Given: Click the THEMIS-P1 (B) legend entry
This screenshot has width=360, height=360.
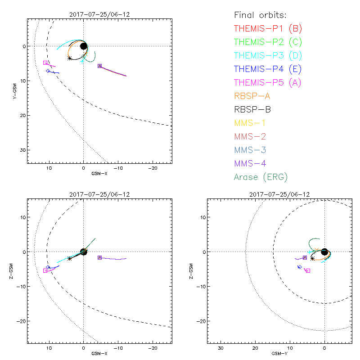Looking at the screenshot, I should pos(268,29).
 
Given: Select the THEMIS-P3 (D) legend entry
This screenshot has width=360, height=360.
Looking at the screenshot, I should pos(268,56).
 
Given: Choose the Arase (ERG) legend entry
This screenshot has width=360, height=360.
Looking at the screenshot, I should pos(261,177).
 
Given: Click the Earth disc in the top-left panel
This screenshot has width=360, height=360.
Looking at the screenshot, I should pos(83,46).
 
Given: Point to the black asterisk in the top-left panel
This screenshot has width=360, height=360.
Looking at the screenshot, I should pos(69,58).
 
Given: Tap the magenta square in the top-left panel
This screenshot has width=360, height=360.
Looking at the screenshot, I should pos(45,63).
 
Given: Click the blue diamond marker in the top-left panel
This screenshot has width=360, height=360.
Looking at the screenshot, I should pos(48,71).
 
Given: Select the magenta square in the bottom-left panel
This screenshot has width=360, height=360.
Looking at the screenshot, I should pos(45,270).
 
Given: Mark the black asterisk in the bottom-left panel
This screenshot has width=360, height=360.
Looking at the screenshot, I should pos(69,258).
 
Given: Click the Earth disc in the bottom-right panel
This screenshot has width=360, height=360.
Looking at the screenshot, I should pos(324,252).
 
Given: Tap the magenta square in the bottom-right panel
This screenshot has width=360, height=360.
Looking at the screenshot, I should pos(308,270).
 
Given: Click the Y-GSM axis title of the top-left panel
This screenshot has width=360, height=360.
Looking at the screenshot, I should pos(15,90).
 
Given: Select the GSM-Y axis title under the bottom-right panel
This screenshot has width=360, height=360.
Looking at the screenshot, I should pos(279,354).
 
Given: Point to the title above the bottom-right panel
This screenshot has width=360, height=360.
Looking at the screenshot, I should pos(279,194).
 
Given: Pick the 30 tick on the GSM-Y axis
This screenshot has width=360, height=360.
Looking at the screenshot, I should pos(220,348).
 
